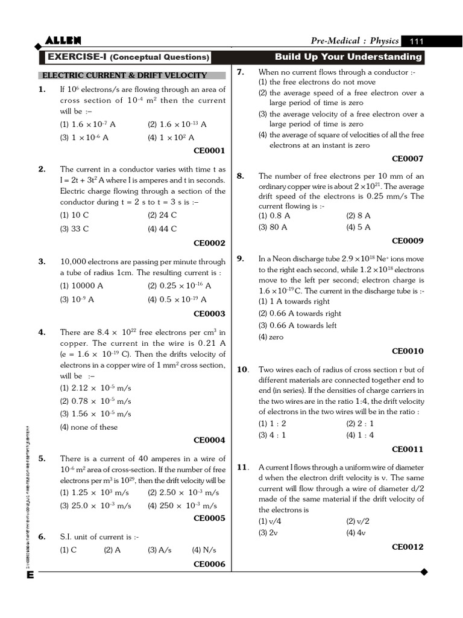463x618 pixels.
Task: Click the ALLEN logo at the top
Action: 63,40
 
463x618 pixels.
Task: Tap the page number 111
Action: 417,41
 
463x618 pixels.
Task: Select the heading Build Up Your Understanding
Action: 348,57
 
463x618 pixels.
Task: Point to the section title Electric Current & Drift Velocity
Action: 123,75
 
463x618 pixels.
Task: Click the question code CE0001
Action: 209,150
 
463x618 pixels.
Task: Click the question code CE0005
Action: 209,518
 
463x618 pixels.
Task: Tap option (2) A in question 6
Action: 112,550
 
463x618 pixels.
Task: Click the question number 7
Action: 240,72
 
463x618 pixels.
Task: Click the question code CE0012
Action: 408,547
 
